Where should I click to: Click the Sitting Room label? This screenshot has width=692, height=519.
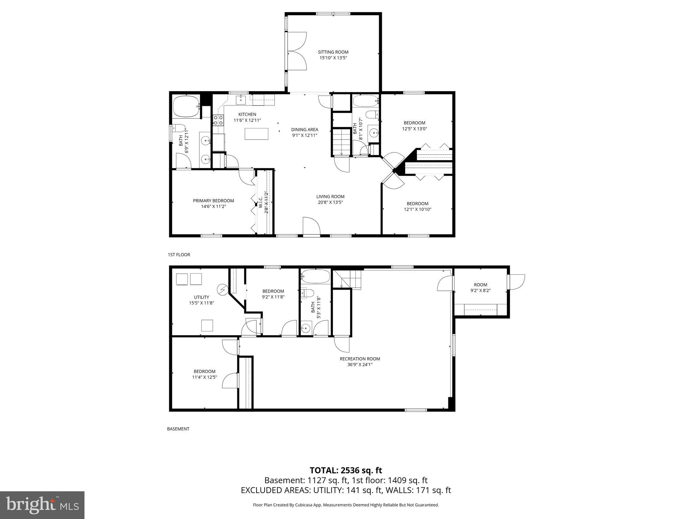pyautogui.click(x=333, y=52)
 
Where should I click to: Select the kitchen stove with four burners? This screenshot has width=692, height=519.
pyautogui.click(x=218, y=120)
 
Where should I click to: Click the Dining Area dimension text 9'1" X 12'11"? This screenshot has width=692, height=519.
pyautogui.click(x=304, y=135)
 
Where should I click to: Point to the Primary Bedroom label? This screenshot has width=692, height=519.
pyautogui.click(x=213, y=200)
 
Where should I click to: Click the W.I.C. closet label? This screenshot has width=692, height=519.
pyautogui.click(x=261, y=203)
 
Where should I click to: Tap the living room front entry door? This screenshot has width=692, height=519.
pyautogui.click(x=311, y=226)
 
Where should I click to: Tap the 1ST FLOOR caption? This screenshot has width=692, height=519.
pyautogui.click(x=179, y=254)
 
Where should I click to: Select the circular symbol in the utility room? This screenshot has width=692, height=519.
pyautogui.click(x=223, y=289)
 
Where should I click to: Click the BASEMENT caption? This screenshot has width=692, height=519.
pyautogui.click(x=178, y=429)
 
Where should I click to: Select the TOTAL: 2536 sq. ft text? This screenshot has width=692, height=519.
pyautogui.click(x=346, y=470)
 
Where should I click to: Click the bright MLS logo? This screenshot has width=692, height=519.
pyautogui.click(x=42, y=505)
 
